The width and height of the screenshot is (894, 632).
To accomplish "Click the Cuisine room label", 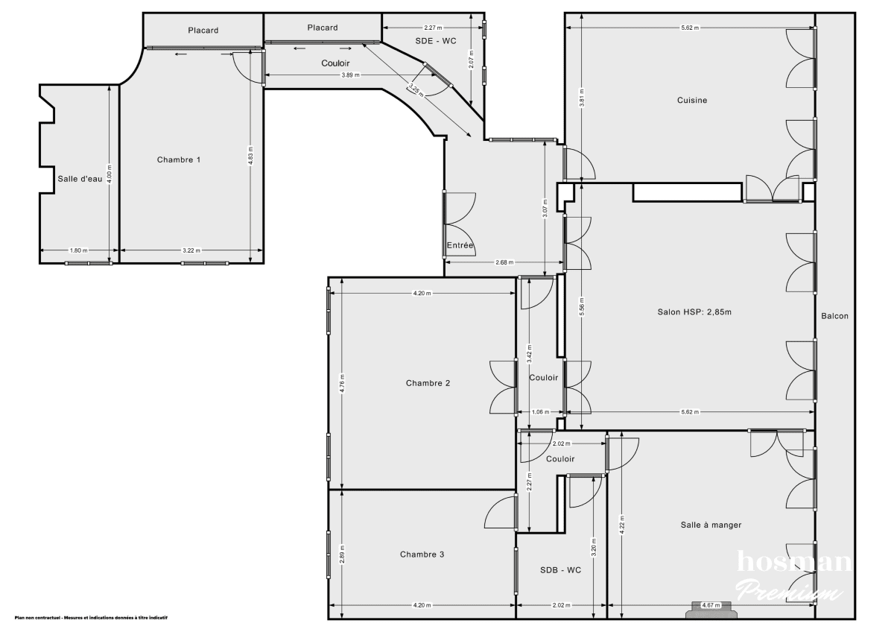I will (691, 101).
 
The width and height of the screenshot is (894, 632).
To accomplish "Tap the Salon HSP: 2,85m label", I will (689, 312).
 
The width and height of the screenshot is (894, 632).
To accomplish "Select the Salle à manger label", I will (710, 525).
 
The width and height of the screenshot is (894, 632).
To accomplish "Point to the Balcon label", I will (834, 316).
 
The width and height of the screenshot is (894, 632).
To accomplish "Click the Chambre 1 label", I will (179, 159).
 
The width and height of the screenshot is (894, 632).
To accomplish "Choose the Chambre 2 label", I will (428, 383).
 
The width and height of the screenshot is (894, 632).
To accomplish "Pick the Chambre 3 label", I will (422, 554).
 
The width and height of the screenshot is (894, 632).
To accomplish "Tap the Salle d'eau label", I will (80, 178).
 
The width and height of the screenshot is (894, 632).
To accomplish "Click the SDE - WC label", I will (435, 41).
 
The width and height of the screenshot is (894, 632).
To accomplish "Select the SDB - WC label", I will (560, 570).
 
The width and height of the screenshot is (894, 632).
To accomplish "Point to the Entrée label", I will (460, 245).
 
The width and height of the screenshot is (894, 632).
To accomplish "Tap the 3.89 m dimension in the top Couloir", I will (350, 75).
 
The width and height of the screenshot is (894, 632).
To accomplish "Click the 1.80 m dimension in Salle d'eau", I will (78, 250).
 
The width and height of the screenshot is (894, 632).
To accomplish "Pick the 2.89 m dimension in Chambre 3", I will (341, 554).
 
